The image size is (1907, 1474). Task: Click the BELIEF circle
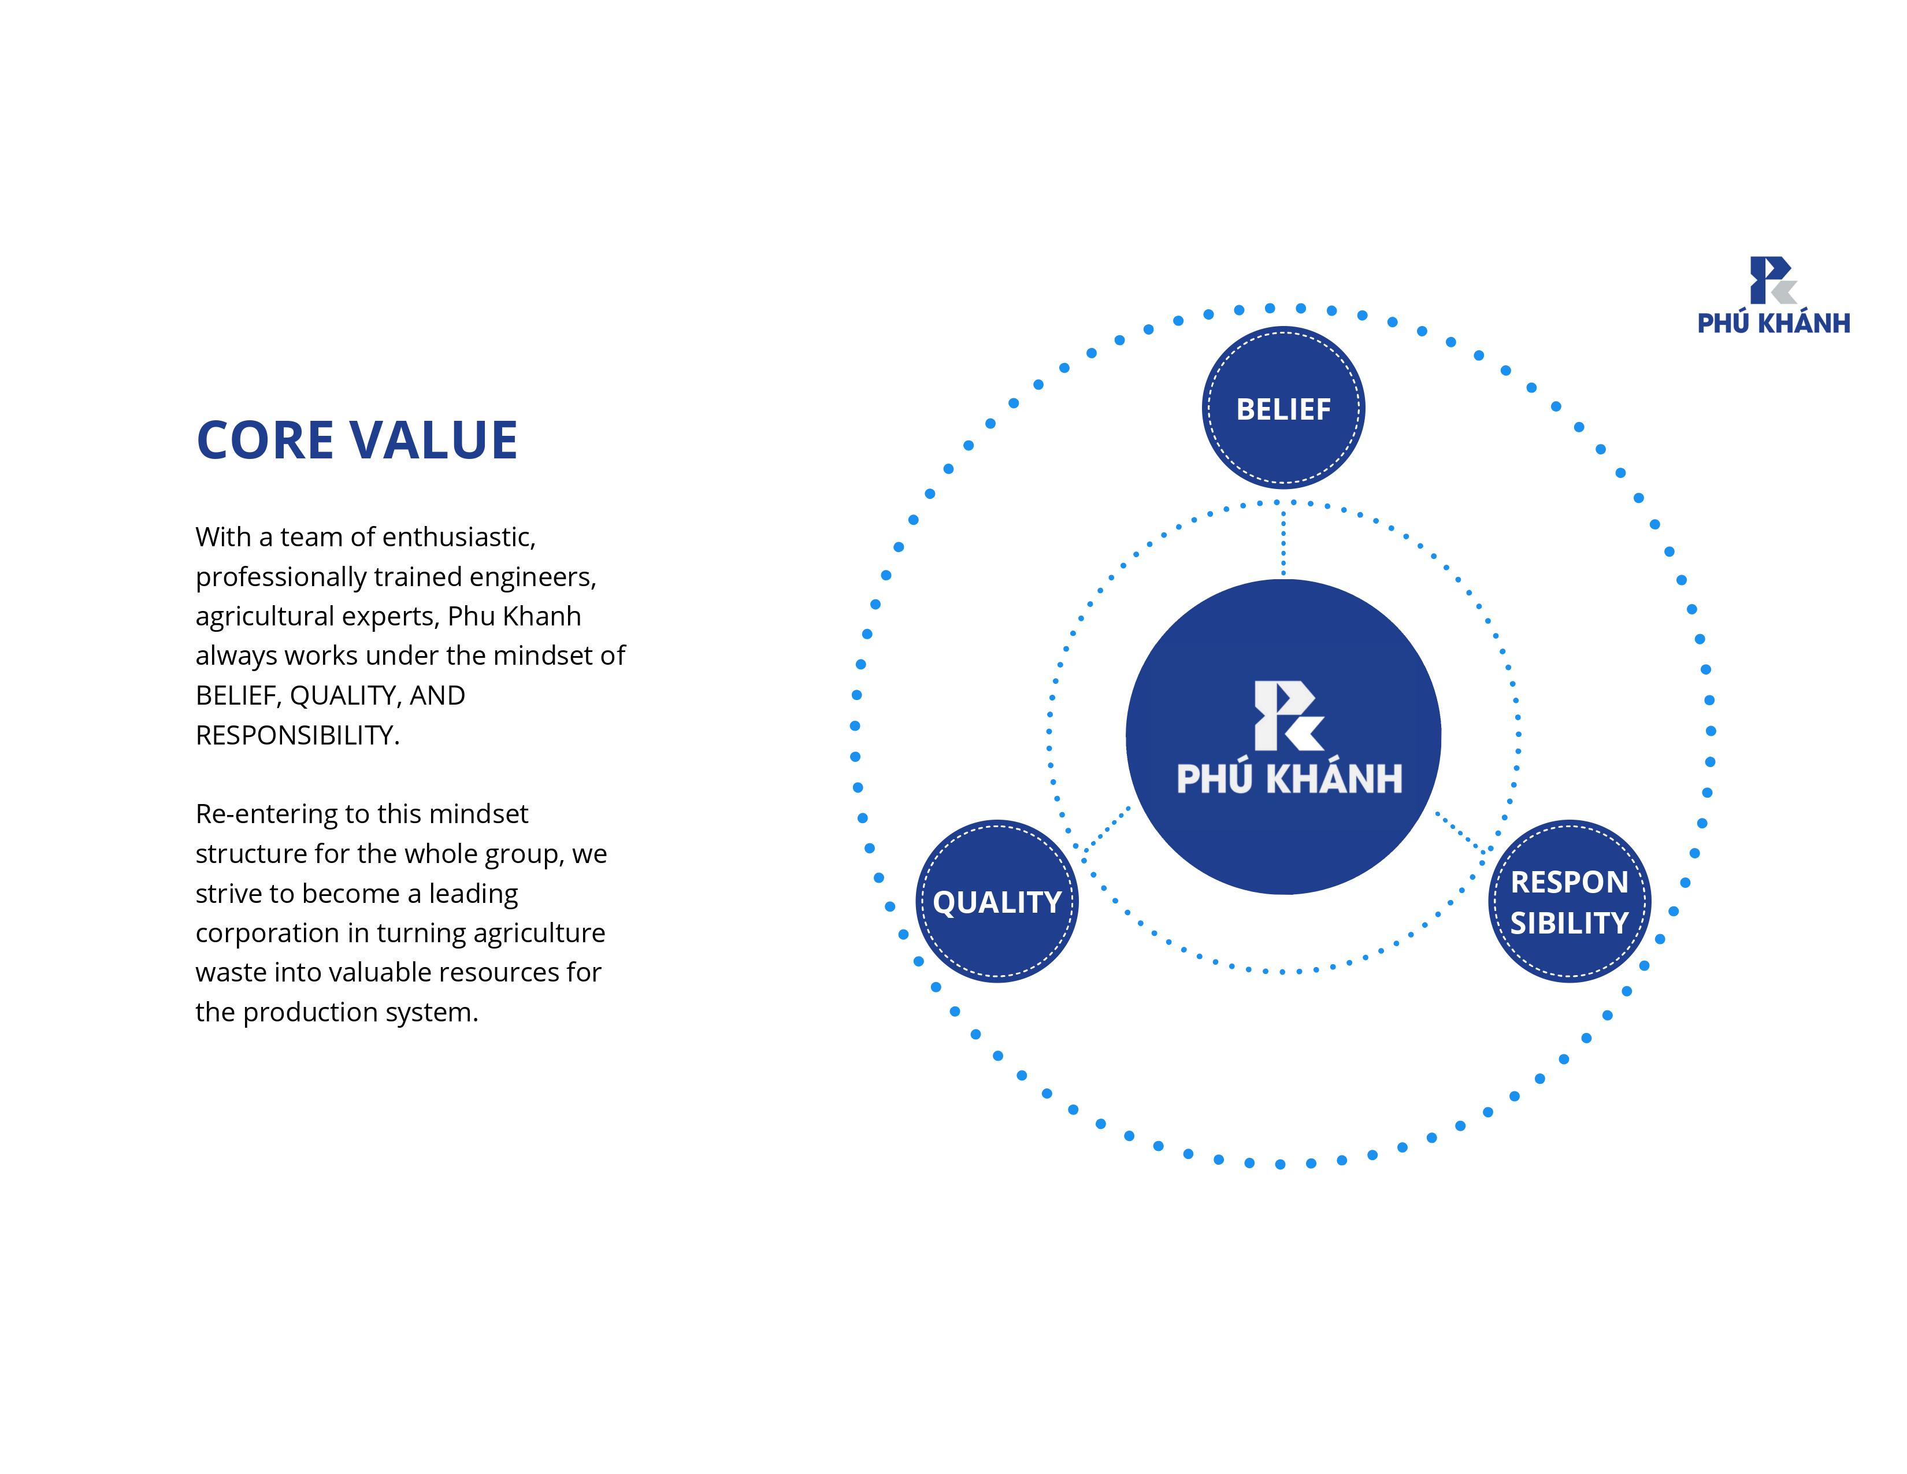(x=1283, y=408)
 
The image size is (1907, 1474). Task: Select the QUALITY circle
(x=997, y=901)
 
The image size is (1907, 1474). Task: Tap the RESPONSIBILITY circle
(x=1569, y=901)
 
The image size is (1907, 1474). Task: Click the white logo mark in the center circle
(x=1289, y=715)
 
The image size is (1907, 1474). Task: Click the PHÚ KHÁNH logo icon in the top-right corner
(x=1772, y=280)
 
